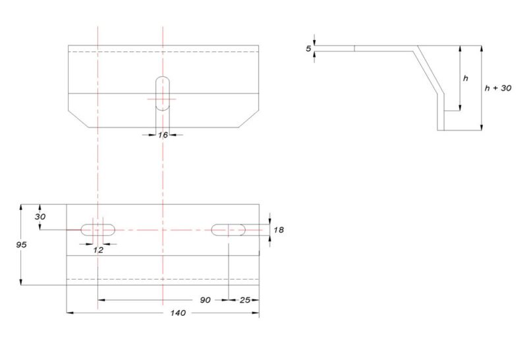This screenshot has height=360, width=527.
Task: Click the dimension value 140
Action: click(x=177, y=313)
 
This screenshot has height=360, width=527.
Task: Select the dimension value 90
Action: click(x=206, y=300)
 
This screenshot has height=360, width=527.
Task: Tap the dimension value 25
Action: click(x=244, y=300)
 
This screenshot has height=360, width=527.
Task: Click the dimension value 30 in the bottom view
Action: click(x=40, y=217)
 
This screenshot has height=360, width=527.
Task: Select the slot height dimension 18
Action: click(x=278, y=230)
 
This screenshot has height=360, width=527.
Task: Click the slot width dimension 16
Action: click(x=163, y=134)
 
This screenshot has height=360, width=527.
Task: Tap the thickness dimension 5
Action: click(x=308, y=49)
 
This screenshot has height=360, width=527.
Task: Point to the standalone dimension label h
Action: click(x=465, y=78)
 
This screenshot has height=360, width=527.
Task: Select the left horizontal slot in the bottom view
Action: click(x=97, y=230)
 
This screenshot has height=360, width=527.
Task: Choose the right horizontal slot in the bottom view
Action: click(x=229, y=230)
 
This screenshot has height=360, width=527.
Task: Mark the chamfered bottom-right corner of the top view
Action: click(x=246, y=118)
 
